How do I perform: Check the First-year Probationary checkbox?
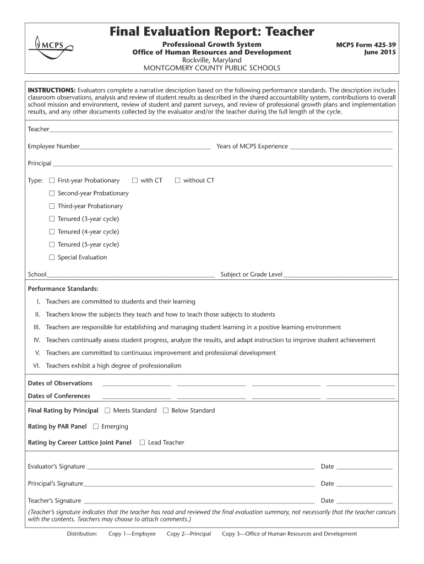point(52,181)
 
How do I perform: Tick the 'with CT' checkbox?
point(135,181)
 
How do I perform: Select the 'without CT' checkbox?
point(177,181)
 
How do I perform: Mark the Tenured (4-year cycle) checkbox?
point(52,232)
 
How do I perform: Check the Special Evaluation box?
point(52,258)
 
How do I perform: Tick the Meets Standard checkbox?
point(107,411)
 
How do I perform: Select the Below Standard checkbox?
point(166,411)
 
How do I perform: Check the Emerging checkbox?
point(96,427)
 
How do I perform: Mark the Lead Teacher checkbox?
point(142,443)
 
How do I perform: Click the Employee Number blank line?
point(145,147)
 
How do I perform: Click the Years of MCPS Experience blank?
point(341,147)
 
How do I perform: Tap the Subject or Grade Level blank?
point(338,274)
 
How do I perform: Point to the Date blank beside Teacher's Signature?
point(364,501)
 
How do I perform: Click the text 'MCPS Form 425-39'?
point(366,44)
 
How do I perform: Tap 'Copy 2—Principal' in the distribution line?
point(189,534)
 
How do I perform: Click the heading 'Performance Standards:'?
point(63,289)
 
